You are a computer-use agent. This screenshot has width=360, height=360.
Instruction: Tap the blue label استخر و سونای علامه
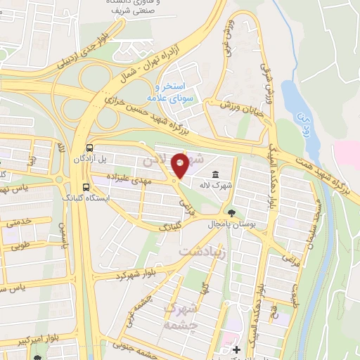(x=169, y=91)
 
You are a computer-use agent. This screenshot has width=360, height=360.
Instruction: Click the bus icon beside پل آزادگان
(x=89, y=148)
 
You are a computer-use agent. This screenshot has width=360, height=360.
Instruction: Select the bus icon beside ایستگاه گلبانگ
(x=85, y=187)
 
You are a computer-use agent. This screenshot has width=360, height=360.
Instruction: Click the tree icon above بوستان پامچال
(x=233, y=212)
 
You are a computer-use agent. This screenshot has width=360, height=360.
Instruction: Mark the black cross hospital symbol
(x=236, y=349)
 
